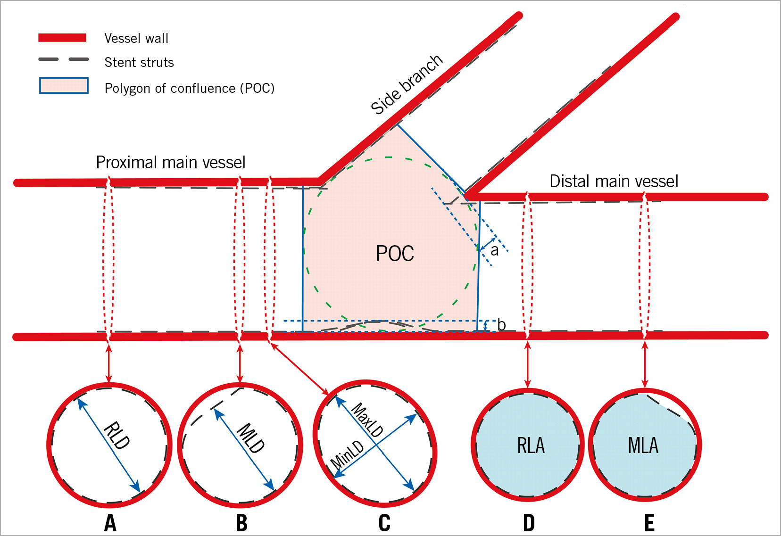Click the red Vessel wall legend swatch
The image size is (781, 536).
pos(62,38)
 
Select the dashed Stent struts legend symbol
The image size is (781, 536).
pos(64,60)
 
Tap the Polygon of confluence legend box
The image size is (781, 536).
pos(64,86)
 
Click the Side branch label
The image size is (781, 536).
pos(407,85)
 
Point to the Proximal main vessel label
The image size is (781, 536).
pos(171,163)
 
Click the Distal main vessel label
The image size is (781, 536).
pos(614,181)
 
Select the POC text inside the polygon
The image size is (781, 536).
pos(395,254)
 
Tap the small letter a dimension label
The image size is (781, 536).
pos(494,250)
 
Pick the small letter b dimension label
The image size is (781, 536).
pos(501,324)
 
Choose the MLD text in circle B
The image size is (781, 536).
pos(250,438)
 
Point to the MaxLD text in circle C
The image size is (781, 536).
pos(367,420)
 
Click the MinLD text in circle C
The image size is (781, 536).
pos(348,455)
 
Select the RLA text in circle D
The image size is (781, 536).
pos(531,445)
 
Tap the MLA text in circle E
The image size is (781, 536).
pos(643,445)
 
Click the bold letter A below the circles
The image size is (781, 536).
pos(110,523)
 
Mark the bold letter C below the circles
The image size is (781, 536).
pos(384,523)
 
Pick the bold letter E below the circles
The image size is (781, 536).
pos(649,523)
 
